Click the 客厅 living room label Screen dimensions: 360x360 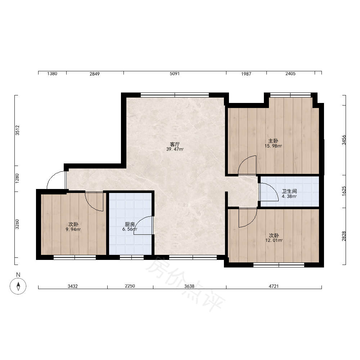tap(175, 144)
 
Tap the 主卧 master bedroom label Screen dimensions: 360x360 tap(273, 141)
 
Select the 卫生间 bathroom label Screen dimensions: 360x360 tap(289, 191)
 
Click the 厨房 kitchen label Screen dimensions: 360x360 tap(130, 224)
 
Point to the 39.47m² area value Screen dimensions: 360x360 tap(175, 149)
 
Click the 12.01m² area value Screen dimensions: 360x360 tap(274, 240)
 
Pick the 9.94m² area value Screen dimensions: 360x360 tap(73, 229)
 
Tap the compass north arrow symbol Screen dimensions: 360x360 tap(18, 286)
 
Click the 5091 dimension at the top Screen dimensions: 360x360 tap(175, 74)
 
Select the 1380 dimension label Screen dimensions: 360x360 tap(52, 74)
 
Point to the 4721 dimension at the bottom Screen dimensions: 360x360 tap(274, 286)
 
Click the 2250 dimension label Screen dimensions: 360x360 tap(130, 286)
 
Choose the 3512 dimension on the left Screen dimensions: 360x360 tap(17, 130)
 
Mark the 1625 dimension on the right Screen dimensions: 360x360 tap(344, 191)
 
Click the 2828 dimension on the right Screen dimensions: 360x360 tap(344, 236)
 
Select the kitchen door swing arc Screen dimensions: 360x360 tap(139, 221)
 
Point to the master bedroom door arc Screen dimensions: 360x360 tap(243, 161)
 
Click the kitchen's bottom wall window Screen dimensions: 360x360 tap(132, 258)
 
